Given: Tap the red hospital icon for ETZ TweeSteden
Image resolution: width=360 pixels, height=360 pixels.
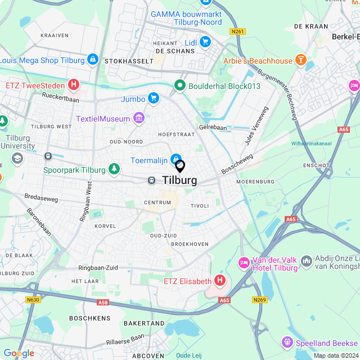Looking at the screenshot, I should (73, 85).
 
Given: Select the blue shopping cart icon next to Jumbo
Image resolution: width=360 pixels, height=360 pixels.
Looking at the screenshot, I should (153, 99).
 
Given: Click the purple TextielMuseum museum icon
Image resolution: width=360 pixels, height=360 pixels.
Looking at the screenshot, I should (139, 119).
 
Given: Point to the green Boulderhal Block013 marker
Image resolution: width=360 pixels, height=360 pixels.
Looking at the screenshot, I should (180, 85).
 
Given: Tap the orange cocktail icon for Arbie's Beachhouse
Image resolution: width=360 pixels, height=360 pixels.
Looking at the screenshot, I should (301, 61).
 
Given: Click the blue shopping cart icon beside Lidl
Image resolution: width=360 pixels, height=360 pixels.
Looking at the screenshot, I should (205, 41).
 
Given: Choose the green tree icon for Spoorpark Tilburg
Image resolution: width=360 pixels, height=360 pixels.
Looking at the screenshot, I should (114, 169).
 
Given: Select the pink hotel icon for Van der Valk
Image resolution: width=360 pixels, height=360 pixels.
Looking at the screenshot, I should (244, 263).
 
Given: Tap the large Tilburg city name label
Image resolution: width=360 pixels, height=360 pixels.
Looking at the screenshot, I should (180, 181).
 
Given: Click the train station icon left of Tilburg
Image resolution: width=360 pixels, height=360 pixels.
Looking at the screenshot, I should (151, 180).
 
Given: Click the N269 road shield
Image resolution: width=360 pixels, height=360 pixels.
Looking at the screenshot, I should (259, 299).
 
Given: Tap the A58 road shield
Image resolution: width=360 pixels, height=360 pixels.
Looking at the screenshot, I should (103, 303).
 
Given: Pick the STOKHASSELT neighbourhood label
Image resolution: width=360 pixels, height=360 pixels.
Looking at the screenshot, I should (120, 61).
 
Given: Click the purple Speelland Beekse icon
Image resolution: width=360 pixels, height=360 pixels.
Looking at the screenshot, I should (287, 342).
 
